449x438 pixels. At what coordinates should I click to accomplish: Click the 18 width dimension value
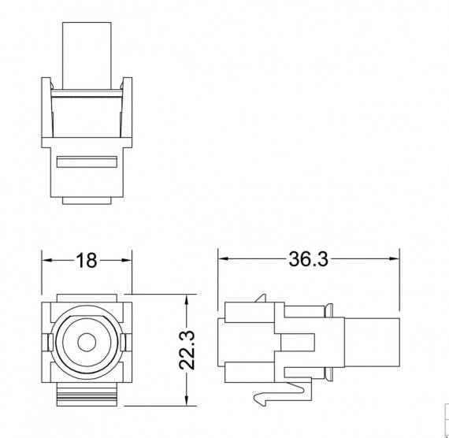(86, 261)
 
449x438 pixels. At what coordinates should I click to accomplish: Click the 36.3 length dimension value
(308, 259)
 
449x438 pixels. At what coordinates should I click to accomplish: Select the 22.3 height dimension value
(187, 350)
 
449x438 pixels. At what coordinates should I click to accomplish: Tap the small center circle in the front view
(87, 343)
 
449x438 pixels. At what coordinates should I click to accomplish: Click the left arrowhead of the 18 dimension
(47, 261)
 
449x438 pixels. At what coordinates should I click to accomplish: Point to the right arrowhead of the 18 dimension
(127, 261)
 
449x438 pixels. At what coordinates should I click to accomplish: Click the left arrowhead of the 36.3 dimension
(223, 258)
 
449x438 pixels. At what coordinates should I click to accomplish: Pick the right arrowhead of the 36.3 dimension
(395, 258)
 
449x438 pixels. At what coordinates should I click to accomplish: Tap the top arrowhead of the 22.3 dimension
(187, 299)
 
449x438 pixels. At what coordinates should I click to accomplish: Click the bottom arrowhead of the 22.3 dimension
(187, 400)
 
